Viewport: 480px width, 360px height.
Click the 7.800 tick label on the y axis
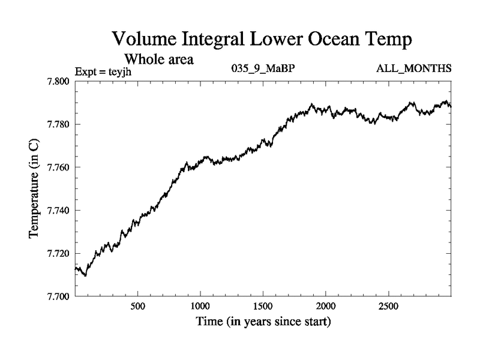click(x=59, y=82)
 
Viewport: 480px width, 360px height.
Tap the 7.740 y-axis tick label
click(x=59, y=211)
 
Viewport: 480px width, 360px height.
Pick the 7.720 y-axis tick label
click(x=59, y=253)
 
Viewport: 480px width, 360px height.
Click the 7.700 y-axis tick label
click(x=59, y=296)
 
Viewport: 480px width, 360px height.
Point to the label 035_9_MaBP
click(x=263, y=69)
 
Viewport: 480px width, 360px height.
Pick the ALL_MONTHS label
click(x=413, y=69)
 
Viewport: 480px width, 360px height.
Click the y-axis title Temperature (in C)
click(x=35, y=188)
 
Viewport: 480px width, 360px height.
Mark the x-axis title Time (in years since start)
click(x=263, y=322)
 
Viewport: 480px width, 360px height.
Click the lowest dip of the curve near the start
click(x=85, y=275)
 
